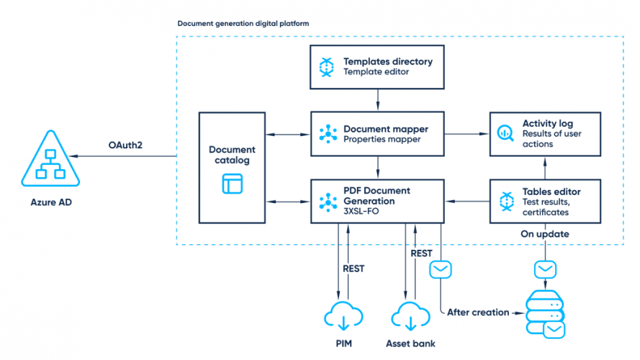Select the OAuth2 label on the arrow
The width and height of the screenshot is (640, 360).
click(x=125, y=145)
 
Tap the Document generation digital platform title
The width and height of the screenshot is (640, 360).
click(x=243, y=24)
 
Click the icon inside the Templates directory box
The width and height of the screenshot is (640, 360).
click(x=327, y=67)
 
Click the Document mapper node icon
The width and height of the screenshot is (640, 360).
click(x=328, y=134)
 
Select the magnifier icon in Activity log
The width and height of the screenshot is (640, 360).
click(x=506, y=134)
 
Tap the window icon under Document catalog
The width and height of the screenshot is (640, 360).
click(x=232, y=183)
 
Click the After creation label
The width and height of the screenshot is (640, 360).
click(x=477, y=312)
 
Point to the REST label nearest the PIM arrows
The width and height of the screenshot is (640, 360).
click(x=353, y=269)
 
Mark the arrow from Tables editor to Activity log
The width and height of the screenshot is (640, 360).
click(x=544, y=167)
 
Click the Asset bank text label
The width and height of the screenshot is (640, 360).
click(x=410, y=343)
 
